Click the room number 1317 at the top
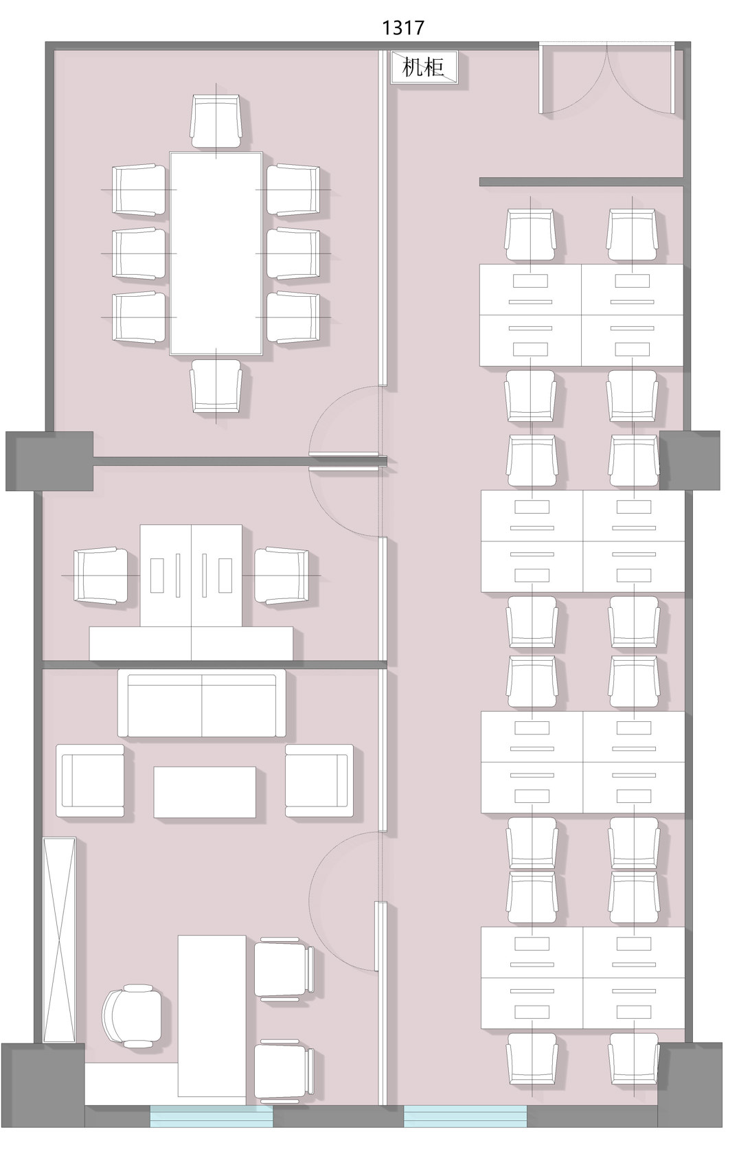point(402,27)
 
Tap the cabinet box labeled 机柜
point(423,67)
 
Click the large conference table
point(216,253)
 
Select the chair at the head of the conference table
point(216,122)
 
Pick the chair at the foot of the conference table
point(216,386)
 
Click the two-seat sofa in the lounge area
point(201,703)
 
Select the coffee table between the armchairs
point(205,793)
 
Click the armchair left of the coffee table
point(90,780)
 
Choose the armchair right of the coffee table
point(319,780)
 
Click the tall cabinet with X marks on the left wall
point(59,940)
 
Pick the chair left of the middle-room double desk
point(100,575)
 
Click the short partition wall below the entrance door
point(582,182)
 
